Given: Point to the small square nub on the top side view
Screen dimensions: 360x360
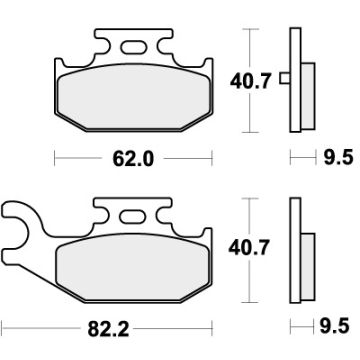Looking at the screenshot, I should coord(284,80).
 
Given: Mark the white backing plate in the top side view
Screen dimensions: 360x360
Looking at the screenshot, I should coord(294,80).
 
